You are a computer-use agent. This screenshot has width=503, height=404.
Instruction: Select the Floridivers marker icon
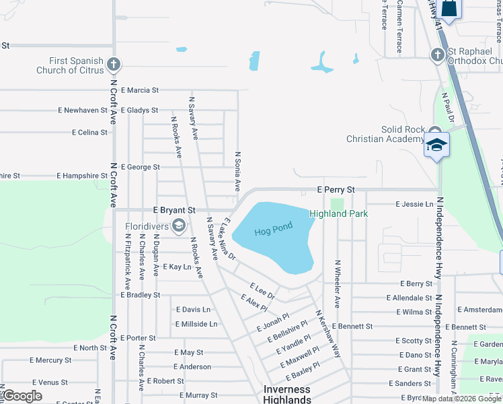(179, 226)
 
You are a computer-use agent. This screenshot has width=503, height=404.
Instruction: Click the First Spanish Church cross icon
(114, 65)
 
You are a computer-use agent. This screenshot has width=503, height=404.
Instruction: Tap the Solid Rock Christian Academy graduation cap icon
(436, 145)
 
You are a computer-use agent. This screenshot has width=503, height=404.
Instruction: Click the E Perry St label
(336, 191)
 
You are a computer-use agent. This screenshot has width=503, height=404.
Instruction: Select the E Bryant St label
(174, 211)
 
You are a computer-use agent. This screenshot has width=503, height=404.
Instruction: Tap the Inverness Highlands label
(286, 395)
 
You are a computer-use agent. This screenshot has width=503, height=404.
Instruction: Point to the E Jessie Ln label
(414, 203)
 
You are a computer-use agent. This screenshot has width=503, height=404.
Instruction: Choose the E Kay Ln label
(177, 267)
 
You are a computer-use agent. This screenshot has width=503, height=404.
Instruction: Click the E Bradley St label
(141, 295)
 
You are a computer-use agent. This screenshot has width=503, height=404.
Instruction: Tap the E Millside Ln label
(196, 324)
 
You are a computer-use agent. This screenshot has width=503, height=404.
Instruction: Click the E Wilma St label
(414, 312)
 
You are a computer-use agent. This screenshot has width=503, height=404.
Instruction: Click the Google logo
(22, 396)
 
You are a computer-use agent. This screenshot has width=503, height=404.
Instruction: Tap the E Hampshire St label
(82, 176)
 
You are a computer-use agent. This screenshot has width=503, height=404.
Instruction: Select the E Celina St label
(89, 133)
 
